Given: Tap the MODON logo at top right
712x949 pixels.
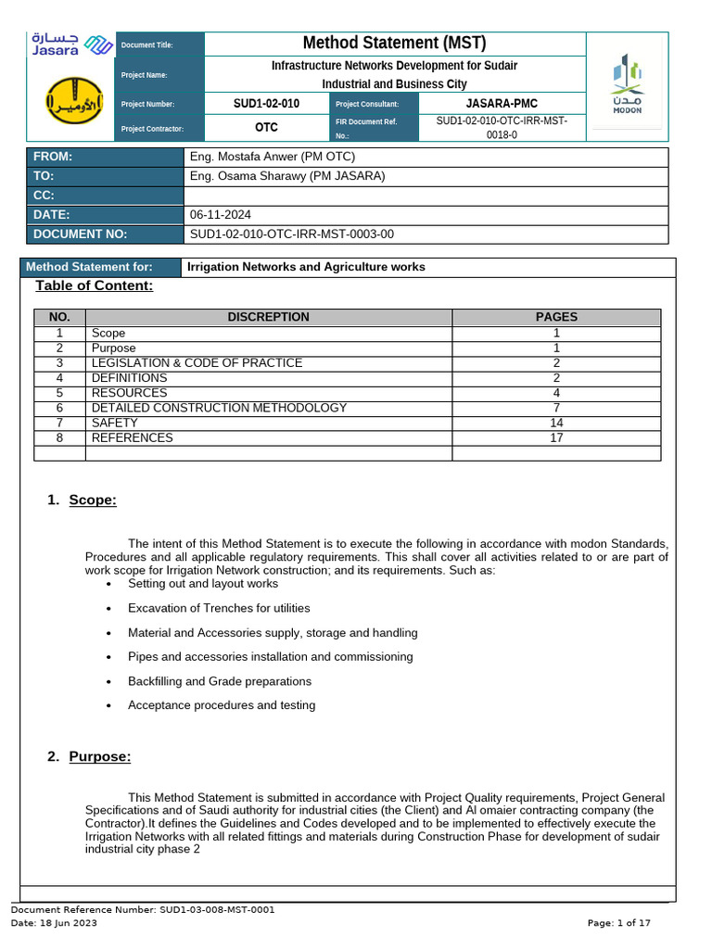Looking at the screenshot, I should click(x=628, y=85).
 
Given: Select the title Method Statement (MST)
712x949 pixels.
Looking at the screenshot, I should click(x=394, y=44).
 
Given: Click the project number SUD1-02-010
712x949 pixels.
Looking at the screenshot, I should click(x=266, y=104).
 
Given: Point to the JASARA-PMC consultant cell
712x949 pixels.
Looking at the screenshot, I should click(x=501, y=104).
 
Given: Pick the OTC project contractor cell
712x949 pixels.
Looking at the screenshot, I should click(x=266, y=128).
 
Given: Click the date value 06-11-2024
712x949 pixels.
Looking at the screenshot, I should click(x=220, y=215).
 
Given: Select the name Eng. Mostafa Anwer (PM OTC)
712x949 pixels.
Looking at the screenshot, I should click(x=272, y=157).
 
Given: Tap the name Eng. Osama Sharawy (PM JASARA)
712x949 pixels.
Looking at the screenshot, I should click(x=286, y=176).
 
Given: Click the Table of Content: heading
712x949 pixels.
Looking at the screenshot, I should click(x=94, y=285).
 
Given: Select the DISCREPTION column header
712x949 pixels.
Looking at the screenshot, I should click(x=268, y=317).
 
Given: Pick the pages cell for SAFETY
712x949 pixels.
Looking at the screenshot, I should click(x=556, y=423).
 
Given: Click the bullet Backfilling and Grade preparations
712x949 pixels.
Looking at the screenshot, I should click(x=219, y=681).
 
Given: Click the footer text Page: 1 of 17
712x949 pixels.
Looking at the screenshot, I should click(x=619, y=923).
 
